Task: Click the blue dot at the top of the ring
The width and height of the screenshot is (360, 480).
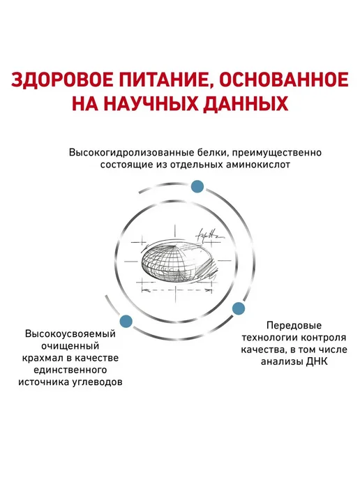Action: (x=197, y=186)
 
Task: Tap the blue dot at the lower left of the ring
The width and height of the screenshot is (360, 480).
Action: (x=126, y=321)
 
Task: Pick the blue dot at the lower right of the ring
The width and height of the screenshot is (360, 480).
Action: (x=238, y=308)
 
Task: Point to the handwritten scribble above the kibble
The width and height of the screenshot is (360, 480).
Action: (x=210, y=236)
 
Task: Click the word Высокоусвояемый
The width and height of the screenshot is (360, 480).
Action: (x=70, y=334)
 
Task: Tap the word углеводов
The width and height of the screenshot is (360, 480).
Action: (x=98, y=382)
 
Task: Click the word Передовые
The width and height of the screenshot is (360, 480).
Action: (x=294, y=325)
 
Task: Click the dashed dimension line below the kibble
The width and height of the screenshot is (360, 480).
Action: (x=177, y=290)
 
